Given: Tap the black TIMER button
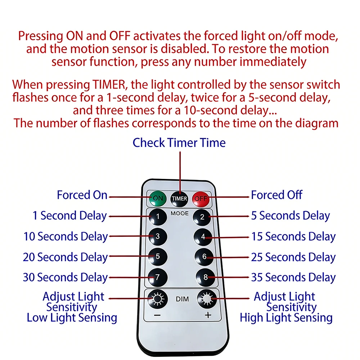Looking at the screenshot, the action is click(x=179, y=199).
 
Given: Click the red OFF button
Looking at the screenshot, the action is click(x=201, y=199).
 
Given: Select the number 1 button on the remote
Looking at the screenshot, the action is click(x=158, y=217).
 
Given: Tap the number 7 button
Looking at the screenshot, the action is click(x=158, y=277).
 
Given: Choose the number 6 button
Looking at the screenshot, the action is click(x=204, y=257).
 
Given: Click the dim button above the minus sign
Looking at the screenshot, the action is click(x=158, y=299).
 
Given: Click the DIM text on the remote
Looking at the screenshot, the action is click(x=182, y=299).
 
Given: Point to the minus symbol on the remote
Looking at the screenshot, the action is click(x=157, y=315).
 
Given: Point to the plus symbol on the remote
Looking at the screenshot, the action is click(x=208, y=315).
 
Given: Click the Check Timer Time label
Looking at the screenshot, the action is click(x=179, y=143).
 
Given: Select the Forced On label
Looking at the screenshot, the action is click(x=82, y=195).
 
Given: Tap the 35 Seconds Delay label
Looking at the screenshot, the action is click(x=293, y=277).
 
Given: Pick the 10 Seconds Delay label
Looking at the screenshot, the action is click(x=66, y=237).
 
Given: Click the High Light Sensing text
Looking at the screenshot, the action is click(x=286, y=318).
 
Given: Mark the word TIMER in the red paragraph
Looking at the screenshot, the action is click(x=109, y=85).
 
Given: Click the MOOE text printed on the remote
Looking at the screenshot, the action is click(x=180, y=213).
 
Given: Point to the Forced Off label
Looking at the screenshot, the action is click(x=276, y=195).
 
